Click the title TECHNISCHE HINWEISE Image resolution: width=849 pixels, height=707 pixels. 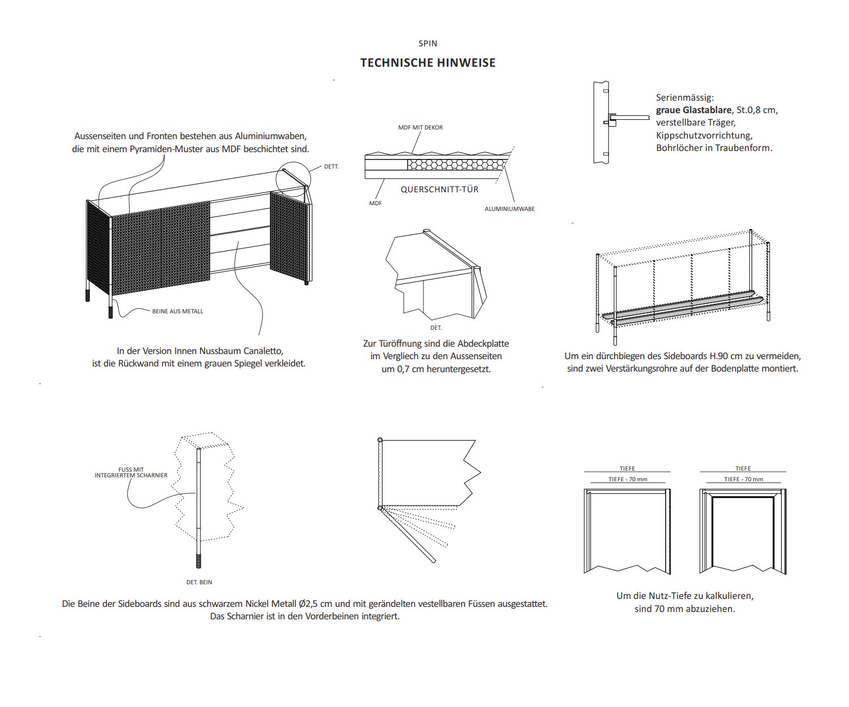pos(428,63)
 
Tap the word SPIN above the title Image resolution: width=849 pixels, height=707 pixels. pos(428,44)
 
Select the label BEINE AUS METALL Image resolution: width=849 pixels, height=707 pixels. pos(177,311)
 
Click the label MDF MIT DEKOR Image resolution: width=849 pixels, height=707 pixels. pos(421,128)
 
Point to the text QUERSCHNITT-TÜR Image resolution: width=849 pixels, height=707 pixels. pos(440,189)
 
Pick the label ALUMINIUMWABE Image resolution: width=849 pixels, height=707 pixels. pos(509,209)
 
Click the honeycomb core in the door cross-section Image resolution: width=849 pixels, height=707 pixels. pos(456,165)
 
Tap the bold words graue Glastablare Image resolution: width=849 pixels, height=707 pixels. pos(693,110)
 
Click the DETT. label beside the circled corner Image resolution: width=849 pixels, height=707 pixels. pos(331,167)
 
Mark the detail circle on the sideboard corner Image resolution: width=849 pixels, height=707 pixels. pos(294,179)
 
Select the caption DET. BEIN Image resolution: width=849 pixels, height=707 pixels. pos(199,582)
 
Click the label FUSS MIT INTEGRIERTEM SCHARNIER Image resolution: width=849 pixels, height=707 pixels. pos(131,472)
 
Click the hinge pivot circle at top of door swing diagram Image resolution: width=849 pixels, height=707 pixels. pos(380,440)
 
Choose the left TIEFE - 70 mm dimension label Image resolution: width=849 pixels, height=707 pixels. pos(628,480)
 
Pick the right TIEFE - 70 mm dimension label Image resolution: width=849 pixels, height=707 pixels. pos(743,480)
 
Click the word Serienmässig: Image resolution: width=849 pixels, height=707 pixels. pos(685,97)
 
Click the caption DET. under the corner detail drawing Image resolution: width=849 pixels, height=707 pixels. pos(436,328)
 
